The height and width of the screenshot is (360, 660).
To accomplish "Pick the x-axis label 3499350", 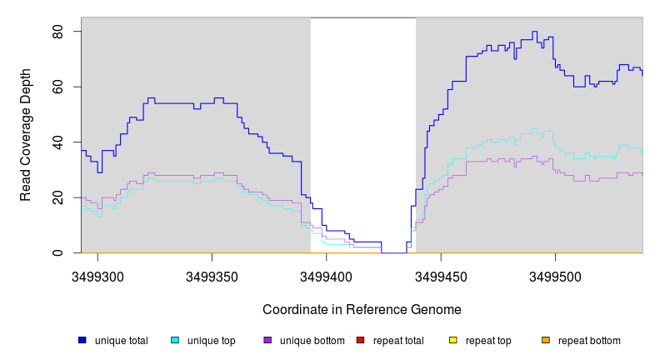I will (x=212, y=276).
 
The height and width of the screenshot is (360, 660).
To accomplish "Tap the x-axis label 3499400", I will (x=327, y=276).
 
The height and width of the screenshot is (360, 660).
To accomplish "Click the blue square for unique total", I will (x=82, y=340).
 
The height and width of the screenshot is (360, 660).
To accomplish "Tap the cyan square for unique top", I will (x=175, y=340).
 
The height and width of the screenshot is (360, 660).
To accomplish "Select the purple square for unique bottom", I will (x=267, y=340).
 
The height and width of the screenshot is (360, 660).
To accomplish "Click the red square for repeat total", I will (x=361, y=340).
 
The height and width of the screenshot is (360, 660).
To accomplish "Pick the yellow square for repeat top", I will (x=453, y=340).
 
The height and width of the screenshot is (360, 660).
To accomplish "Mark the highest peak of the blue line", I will (x=534, y=32).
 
